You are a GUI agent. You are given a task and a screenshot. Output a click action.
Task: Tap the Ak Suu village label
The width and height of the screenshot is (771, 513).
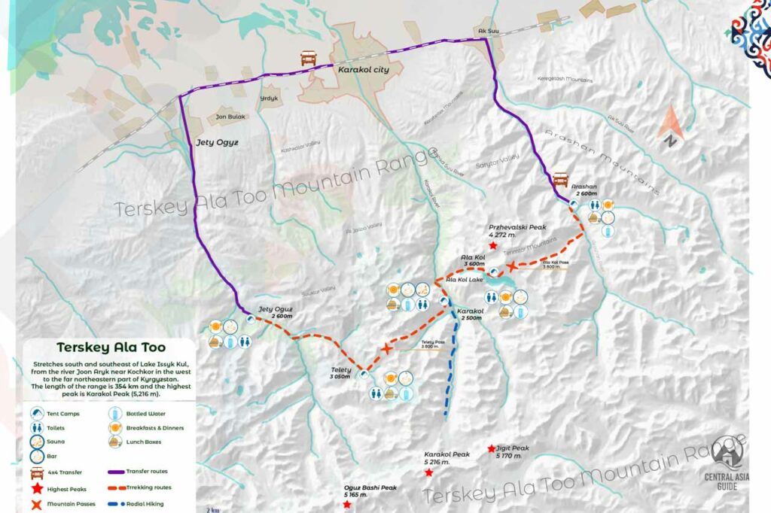[489, 32]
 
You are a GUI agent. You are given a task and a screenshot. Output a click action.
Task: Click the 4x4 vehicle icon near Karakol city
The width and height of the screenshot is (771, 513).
[308, 58]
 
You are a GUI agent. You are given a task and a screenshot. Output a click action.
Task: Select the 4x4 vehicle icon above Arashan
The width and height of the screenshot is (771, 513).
[560, 180]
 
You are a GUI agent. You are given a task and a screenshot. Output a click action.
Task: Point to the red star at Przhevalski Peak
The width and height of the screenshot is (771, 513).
[492, 245]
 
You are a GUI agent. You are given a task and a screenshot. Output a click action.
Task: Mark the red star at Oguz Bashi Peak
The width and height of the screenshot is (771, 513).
[346, 504]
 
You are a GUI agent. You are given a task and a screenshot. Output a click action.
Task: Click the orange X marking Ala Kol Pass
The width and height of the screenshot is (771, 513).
[512, 266]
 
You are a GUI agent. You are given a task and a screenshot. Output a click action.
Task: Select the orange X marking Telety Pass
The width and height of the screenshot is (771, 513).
[387, 348]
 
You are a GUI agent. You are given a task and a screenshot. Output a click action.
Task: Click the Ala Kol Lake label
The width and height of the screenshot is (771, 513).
[465, 280]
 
